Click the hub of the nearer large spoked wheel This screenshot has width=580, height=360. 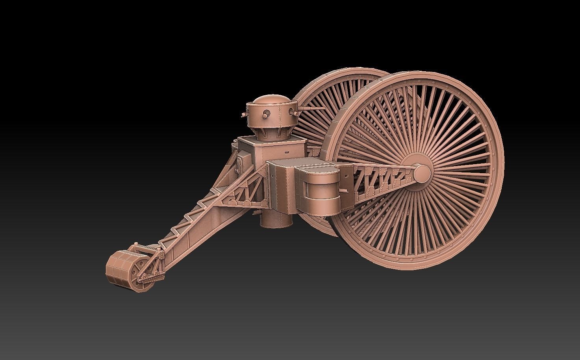pyautogui.click(x=422, y=172)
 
